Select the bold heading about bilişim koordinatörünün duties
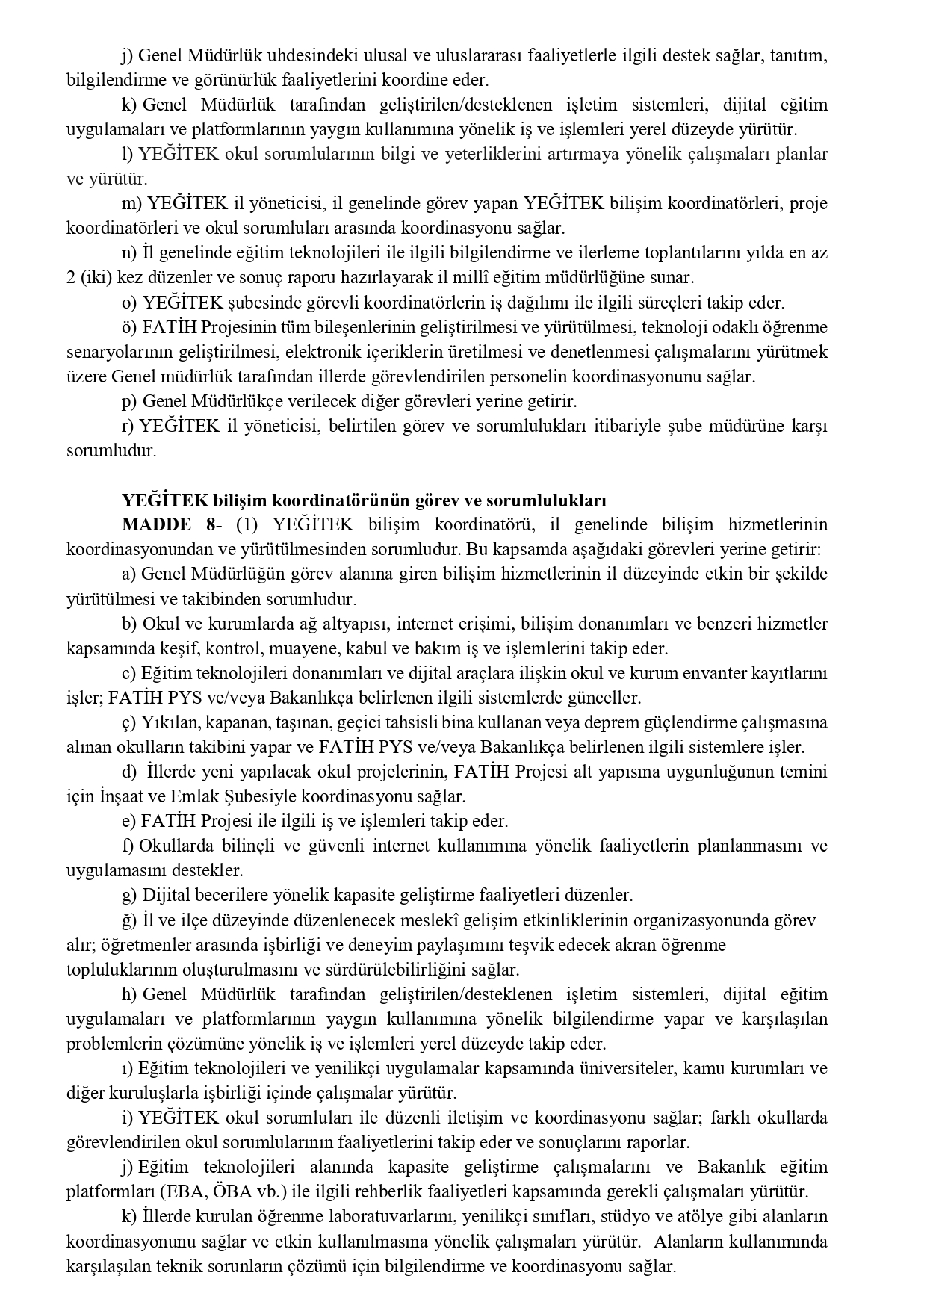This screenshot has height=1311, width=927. point(364,500)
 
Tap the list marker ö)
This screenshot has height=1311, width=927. point(129,327)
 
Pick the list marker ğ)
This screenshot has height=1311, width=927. point(129,920)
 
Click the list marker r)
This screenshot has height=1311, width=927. point(128,426)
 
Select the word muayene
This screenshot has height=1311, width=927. point(291,648)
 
